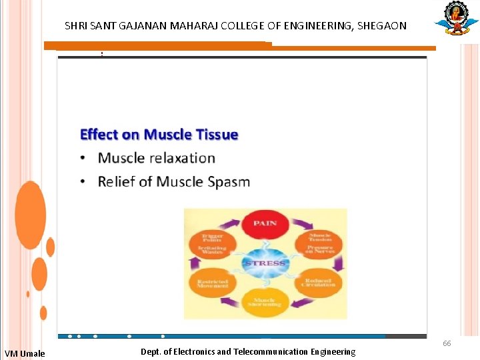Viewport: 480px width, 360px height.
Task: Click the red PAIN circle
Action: pyautogui.click(x=265, y=225)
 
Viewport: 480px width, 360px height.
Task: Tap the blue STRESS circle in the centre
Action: pyautogui.click(x=265, y=262)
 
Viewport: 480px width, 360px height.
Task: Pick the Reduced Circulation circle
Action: pyautogui.click(x=319, y=283)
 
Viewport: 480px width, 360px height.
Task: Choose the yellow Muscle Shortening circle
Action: pyautogui.click(x=265, y=301)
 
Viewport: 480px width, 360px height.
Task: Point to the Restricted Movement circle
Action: pyautogui.click(x=212, y=283)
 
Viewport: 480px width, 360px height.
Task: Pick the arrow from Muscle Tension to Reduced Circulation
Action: pyautogui.click(x=339, y=263)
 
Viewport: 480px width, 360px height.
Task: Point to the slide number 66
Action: pyautogui.click(x=447, y=343)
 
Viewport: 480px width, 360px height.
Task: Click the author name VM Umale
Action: pyautogui.click(x=25, y=353)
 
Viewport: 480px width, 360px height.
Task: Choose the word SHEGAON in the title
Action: pyautogui.click(x=381, y=26)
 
